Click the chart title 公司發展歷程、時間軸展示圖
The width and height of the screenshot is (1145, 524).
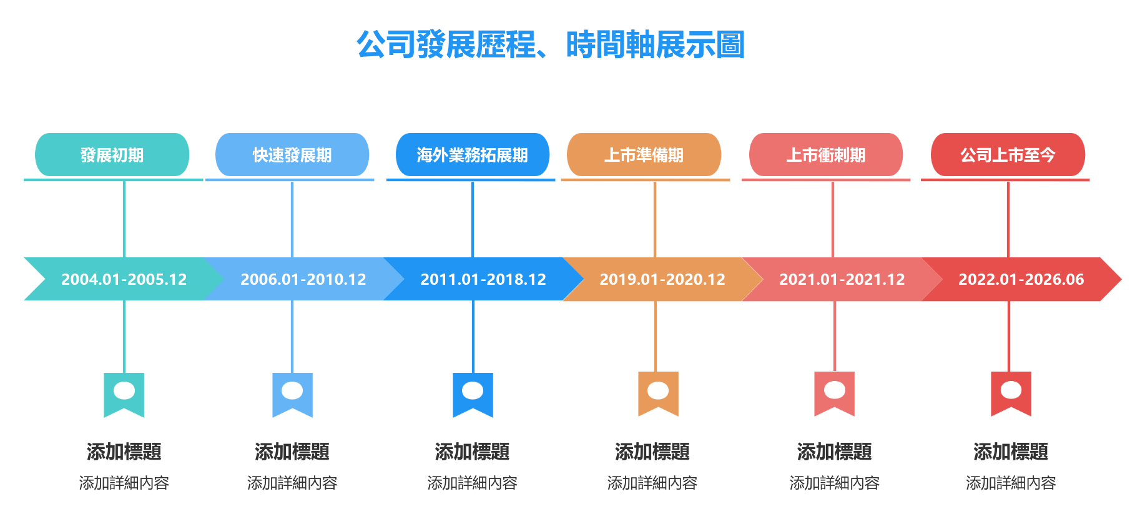pyautogui.click(x=551, y=45)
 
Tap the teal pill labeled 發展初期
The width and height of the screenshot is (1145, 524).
pyautogui.click(x=112, y=155)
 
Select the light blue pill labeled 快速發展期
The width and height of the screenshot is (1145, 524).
pyautogui.click(x=292, y=155)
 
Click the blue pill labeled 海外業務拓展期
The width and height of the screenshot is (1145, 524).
pyautogui.click(x=473, y=155)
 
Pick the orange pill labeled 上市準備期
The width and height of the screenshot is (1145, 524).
pyautogui.click(x=644, y=155)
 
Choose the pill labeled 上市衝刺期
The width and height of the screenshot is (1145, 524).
pyautogui.click(x=826, y=155)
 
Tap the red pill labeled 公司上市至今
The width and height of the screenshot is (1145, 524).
pyautogui.click(x=1008, y=155)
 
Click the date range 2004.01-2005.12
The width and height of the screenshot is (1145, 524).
pyautogui.click(x=124, y=279)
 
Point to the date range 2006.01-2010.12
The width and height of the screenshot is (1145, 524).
pyautogui.click(x=303, y=279)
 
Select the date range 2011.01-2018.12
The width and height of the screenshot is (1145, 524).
pyautogui.click(x=483, y=279)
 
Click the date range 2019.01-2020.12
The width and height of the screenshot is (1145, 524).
pyautogui.click(x=662, y=279)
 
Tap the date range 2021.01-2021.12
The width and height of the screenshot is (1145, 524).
pyautogui.click(x=842, y=279)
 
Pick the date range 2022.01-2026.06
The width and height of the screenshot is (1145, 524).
pyautogui.click(x=1021, y=279)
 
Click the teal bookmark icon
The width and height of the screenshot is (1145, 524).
pyautogui.click(x=124, y=395)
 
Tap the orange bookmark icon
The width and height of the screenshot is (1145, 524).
pyautogui.click(x=658, y=393)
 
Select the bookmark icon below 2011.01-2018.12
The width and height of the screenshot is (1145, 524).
pyautogui.click(x=473, y=395)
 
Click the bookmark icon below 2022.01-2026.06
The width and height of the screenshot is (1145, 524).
pyautogui.click(x=1011, y=393)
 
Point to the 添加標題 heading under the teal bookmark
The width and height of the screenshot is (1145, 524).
pyautogui.click(x=124, y=452)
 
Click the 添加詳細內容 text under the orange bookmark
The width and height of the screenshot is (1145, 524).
pyautogui.click(x=652, y=483)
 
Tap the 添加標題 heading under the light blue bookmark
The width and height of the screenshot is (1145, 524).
pyautogui.click(x=292, y=452)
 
